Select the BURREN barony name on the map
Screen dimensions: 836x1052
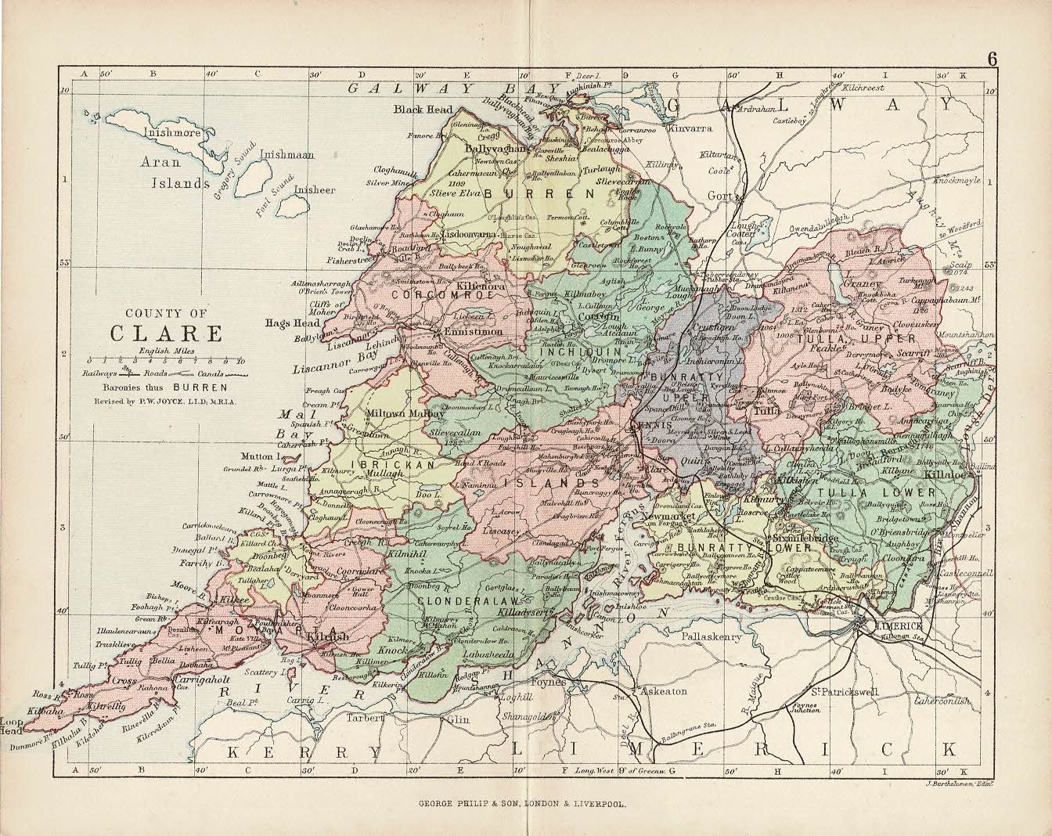(539, 193)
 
